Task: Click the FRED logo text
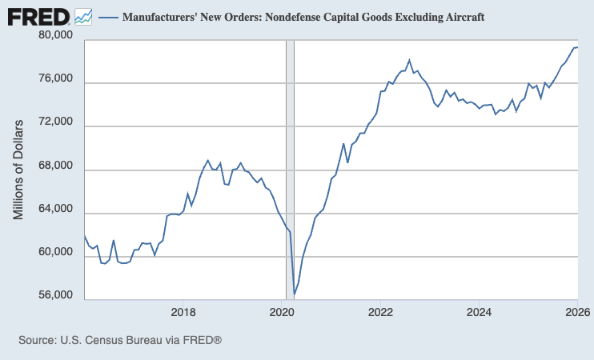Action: pos(38,16)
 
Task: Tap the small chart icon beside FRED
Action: pos(83,16)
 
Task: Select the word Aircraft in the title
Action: pos(462,17)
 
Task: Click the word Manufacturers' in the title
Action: pos(157,17)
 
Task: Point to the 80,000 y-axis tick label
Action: pos(56,36)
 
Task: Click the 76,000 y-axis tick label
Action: pos(56,80)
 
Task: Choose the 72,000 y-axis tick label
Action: pos(56,123)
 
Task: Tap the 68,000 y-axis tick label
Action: pos(56,166)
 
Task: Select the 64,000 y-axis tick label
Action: pos(56,210)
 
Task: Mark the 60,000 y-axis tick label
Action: pos(56,253)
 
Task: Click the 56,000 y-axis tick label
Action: pos(56,296)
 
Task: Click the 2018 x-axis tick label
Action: pos(183,312)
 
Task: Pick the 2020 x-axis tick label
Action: pos(282,312)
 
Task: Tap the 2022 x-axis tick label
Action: pos(379,312)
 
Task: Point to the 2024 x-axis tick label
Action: pos(478,312)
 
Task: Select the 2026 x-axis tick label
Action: pos(576,312)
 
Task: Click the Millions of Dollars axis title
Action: pos(19,168)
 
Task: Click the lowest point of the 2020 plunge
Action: pos(294,294)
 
